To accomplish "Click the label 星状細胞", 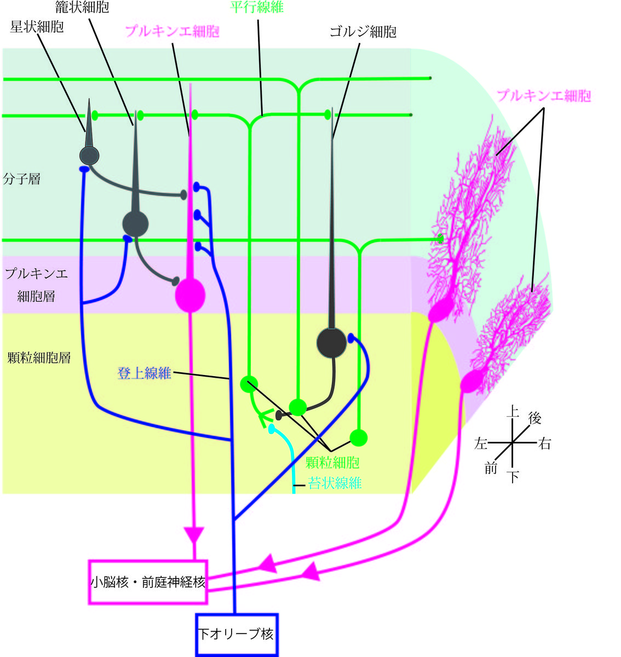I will (x=37, y=26).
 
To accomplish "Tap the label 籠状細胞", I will (x=82, y=7).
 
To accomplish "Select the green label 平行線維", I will (x=257, y=7).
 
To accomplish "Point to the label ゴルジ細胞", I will (x=363, y=32).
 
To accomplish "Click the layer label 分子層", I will (x=21, y=179).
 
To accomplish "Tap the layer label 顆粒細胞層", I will (x=39, y=358).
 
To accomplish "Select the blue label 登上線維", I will (x=145, y=373).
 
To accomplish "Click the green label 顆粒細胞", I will (x=332, y=463).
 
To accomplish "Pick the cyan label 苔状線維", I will (x=335, y=483).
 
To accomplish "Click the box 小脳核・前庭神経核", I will (x=148, y=582).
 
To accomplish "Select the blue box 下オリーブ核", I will (x=237, y=634).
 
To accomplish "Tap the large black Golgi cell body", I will (x=332, y=342).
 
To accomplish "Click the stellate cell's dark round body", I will (x=89, y=155).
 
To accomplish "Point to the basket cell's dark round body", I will (x=135, y=223).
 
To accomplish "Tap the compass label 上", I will (x=512, y=411).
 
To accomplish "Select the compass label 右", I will (x=544, y=443).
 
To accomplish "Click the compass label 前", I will (x=491, y=468).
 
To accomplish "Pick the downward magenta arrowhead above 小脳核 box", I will (x=193, y=535).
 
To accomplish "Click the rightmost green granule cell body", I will (x=358, y=437).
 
